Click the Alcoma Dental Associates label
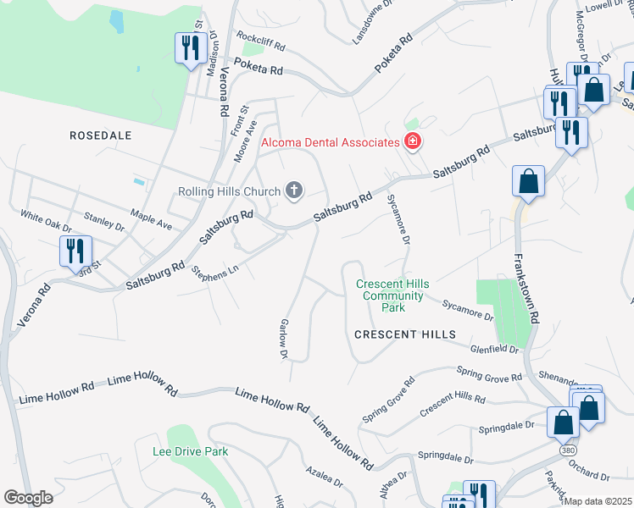pyautogui.click(x=330, y=142)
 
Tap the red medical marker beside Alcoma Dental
pyautogui.click(x=413, y=141)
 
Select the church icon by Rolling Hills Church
pyautogui.click(x=293, y=190)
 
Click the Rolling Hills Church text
pyautogui.click(x=229, y=191)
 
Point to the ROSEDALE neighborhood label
pyautogui.click(x=101, y=135)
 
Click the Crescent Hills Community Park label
pyautogui.click(x=390, y=295)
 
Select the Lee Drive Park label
pyautogui.click(x=190, y=451)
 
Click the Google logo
pyautogui.click(x=28, y=497)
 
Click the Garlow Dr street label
pyautogui.click(x=285, y=338)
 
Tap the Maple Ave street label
pyautogui.click(x=151, y=220)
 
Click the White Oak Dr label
pyautogui.click(x=47, y=223)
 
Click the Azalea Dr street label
pyautogui.click(x=325, y=474)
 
